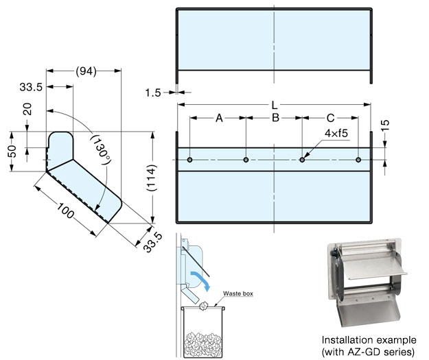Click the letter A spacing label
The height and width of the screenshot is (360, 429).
coord(219,118)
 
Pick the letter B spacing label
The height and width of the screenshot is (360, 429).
coord(275,118)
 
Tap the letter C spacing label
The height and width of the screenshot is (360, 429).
coord(330,118)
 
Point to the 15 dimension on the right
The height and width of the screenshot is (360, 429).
coord(385,125)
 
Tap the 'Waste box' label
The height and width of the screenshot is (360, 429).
coord(237,293)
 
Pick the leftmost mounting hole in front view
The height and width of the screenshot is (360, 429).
coord(190,160)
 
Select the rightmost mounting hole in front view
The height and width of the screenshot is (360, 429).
coord(358,160)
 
